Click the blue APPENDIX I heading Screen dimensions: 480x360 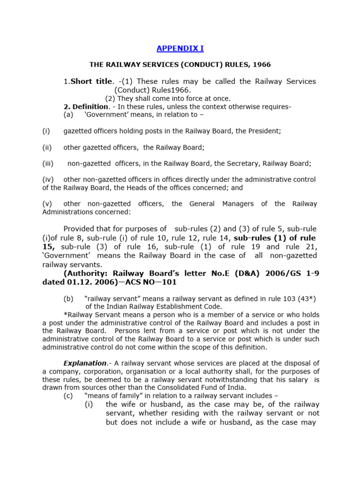[x=180, y=48]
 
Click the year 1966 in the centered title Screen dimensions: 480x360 [x=262, y=64]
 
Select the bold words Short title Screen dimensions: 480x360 [x=91, y=81]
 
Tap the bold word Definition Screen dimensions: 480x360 [x=90, y=106]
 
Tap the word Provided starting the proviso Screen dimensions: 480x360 [x=82, y=229]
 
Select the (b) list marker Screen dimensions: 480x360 [x=68, y=299]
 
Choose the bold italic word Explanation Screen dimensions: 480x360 [x=85, y=363]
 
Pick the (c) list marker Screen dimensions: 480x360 [x=68, y=395]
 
